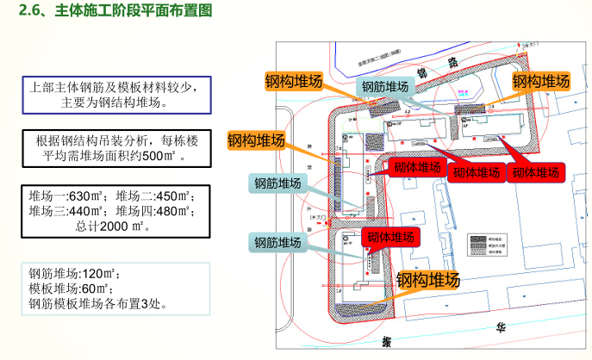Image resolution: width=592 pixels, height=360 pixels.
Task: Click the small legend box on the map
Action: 489,252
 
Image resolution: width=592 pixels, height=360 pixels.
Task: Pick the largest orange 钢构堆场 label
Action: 427,279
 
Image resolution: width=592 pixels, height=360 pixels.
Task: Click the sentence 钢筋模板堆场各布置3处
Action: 97,303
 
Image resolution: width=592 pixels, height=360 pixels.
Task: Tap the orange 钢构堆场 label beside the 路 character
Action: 541,82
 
